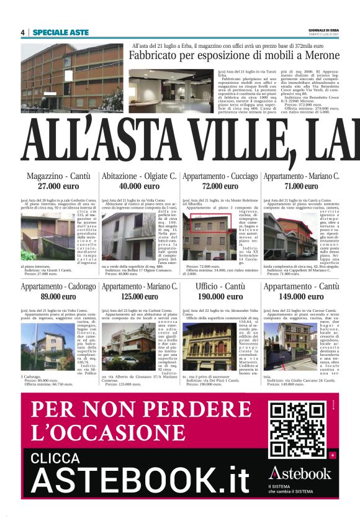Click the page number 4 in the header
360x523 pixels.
tap(22, 32)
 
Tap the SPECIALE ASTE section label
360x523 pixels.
tap(61, 32)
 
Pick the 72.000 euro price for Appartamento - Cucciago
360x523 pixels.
tap(220, 186)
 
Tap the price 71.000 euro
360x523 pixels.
tap(302, 186)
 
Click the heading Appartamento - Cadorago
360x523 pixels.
tap(58, 287)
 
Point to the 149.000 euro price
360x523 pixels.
tap(302, 297)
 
